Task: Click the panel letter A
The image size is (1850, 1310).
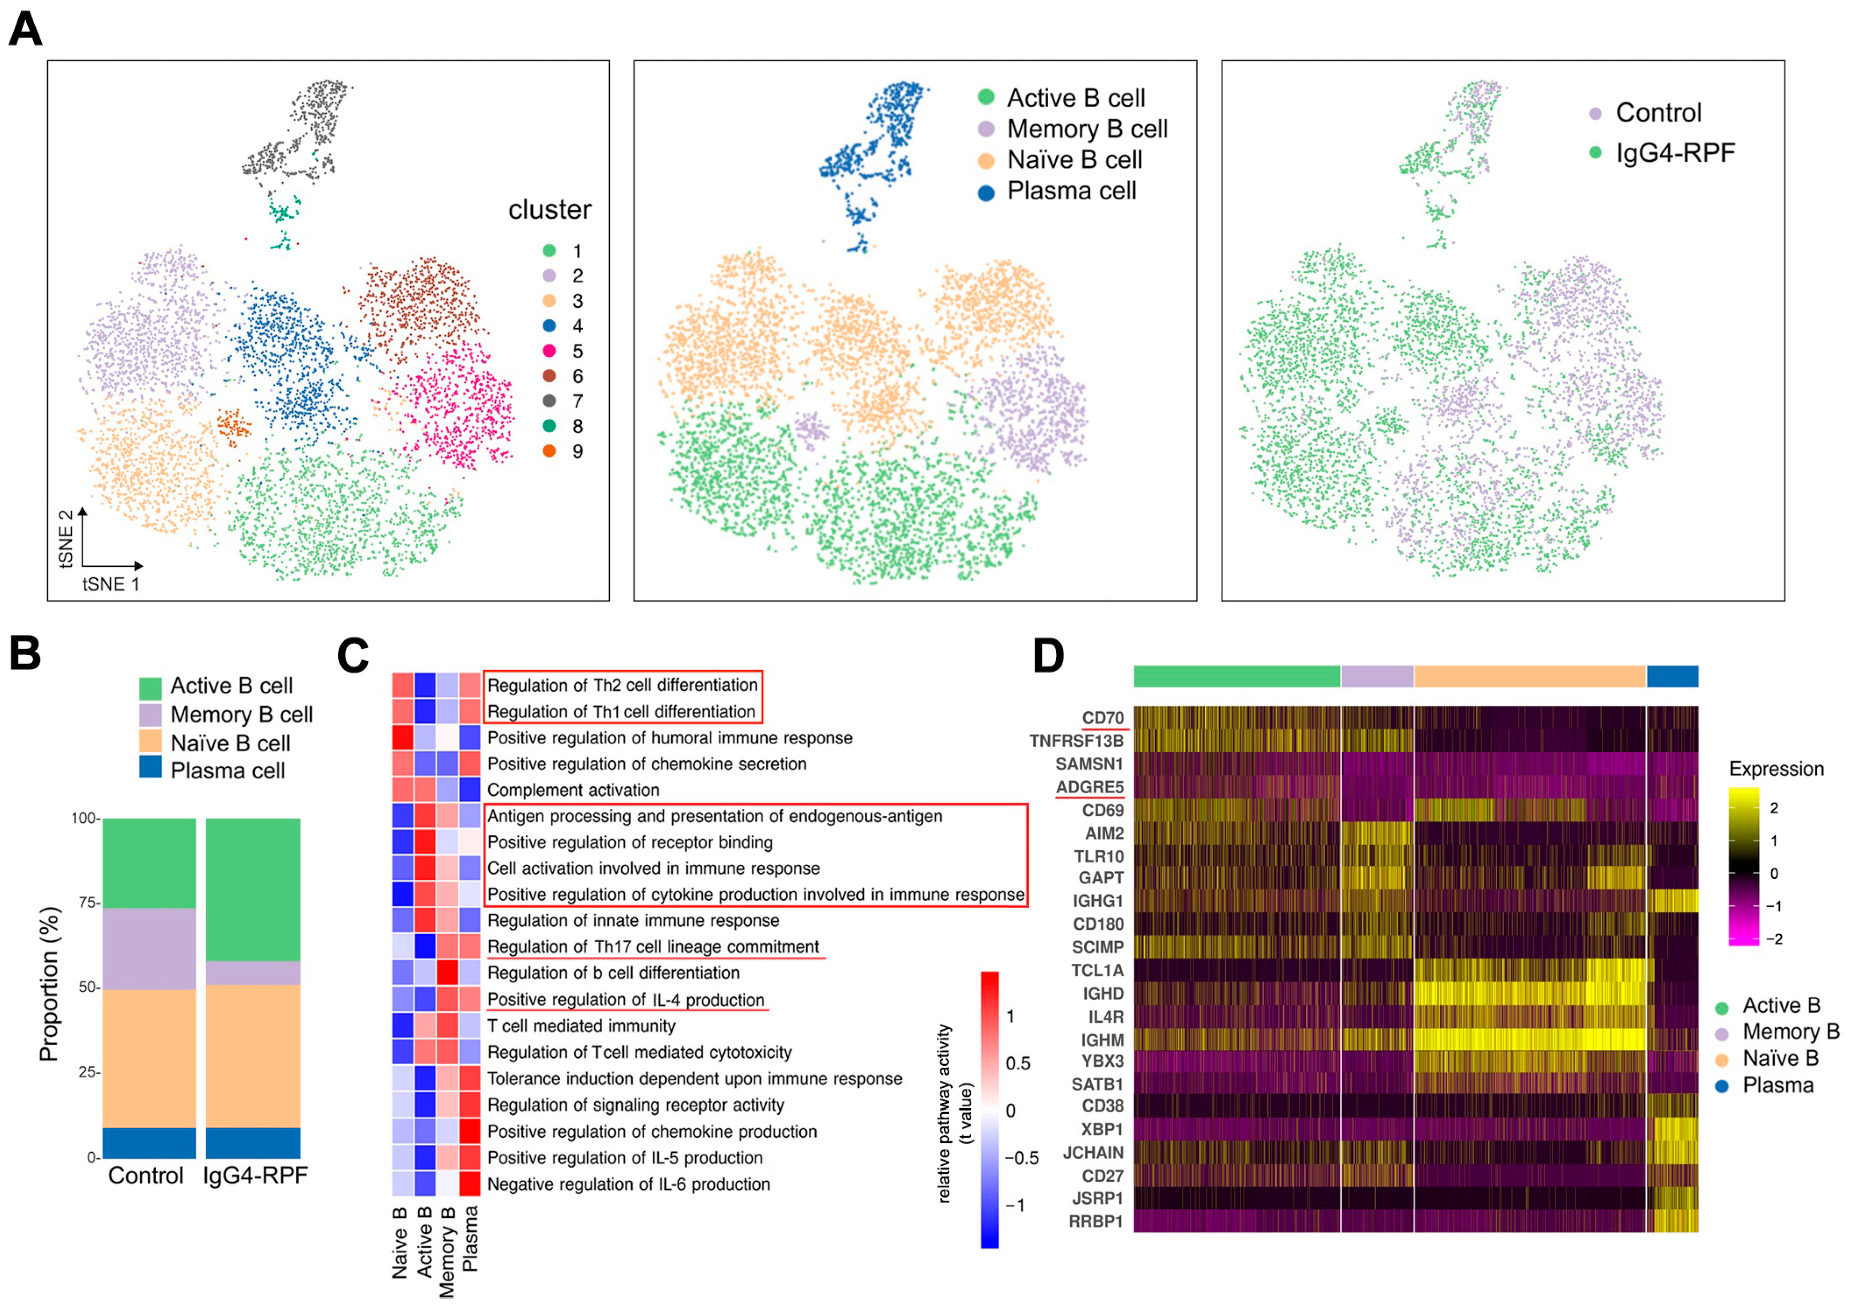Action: [x=25, y=31]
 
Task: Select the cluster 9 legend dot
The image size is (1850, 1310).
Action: [x=550, y=451]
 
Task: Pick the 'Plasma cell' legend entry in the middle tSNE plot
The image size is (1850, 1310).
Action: [x=1070, y=191]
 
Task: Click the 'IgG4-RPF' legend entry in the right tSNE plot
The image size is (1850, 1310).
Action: [x=1674, y=152]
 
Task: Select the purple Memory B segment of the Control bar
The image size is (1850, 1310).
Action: [x=149, y=948]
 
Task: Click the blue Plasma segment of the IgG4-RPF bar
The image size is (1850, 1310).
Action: [x=253, y=1142]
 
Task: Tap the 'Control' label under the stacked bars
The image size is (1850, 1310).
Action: [x=146, y=1175]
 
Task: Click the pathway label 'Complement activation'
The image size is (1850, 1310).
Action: [x=573, y=790]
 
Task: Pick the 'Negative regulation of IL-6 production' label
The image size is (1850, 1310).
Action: [x=629, y=1184]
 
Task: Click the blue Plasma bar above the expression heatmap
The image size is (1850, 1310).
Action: [x=1672, y=676]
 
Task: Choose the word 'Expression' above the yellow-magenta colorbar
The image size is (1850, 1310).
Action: [x=1776, y=768]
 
